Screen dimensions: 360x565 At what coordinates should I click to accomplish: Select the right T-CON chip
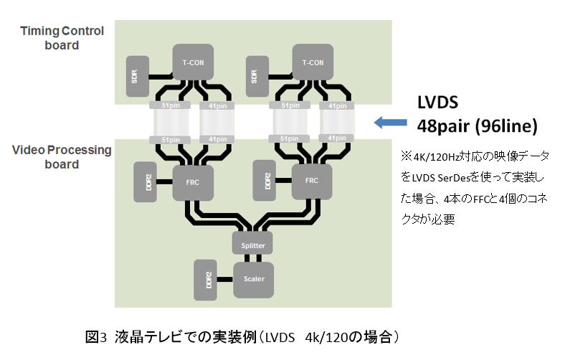[313, 62]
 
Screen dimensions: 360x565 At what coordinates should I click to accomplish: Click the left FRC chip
[193, 181]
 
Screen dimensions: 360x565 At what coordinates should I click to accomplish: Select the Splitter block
[252, 245]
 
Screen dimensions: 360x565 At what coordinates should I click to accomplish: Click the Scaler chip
[253, 280]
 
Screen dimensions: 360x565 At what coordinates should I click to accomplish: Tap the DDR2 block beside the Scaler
[206, 280]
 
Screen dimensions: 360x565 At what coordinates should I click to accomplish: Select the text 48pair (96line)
[477, 126]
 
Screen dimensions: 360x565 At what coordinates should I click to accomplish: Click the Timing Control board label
[62, 38]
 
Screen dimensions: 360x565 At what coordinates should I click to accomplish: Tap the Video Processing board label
[62, 157]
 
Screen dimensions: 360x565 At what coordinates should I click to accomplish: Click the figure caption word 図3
[96, 336]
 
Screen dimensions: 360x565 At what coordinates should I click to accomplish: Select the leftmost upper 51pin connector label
[169, 105]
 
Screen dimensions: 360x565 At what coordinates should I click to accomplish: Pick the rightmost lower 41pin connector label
[336, 139]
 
